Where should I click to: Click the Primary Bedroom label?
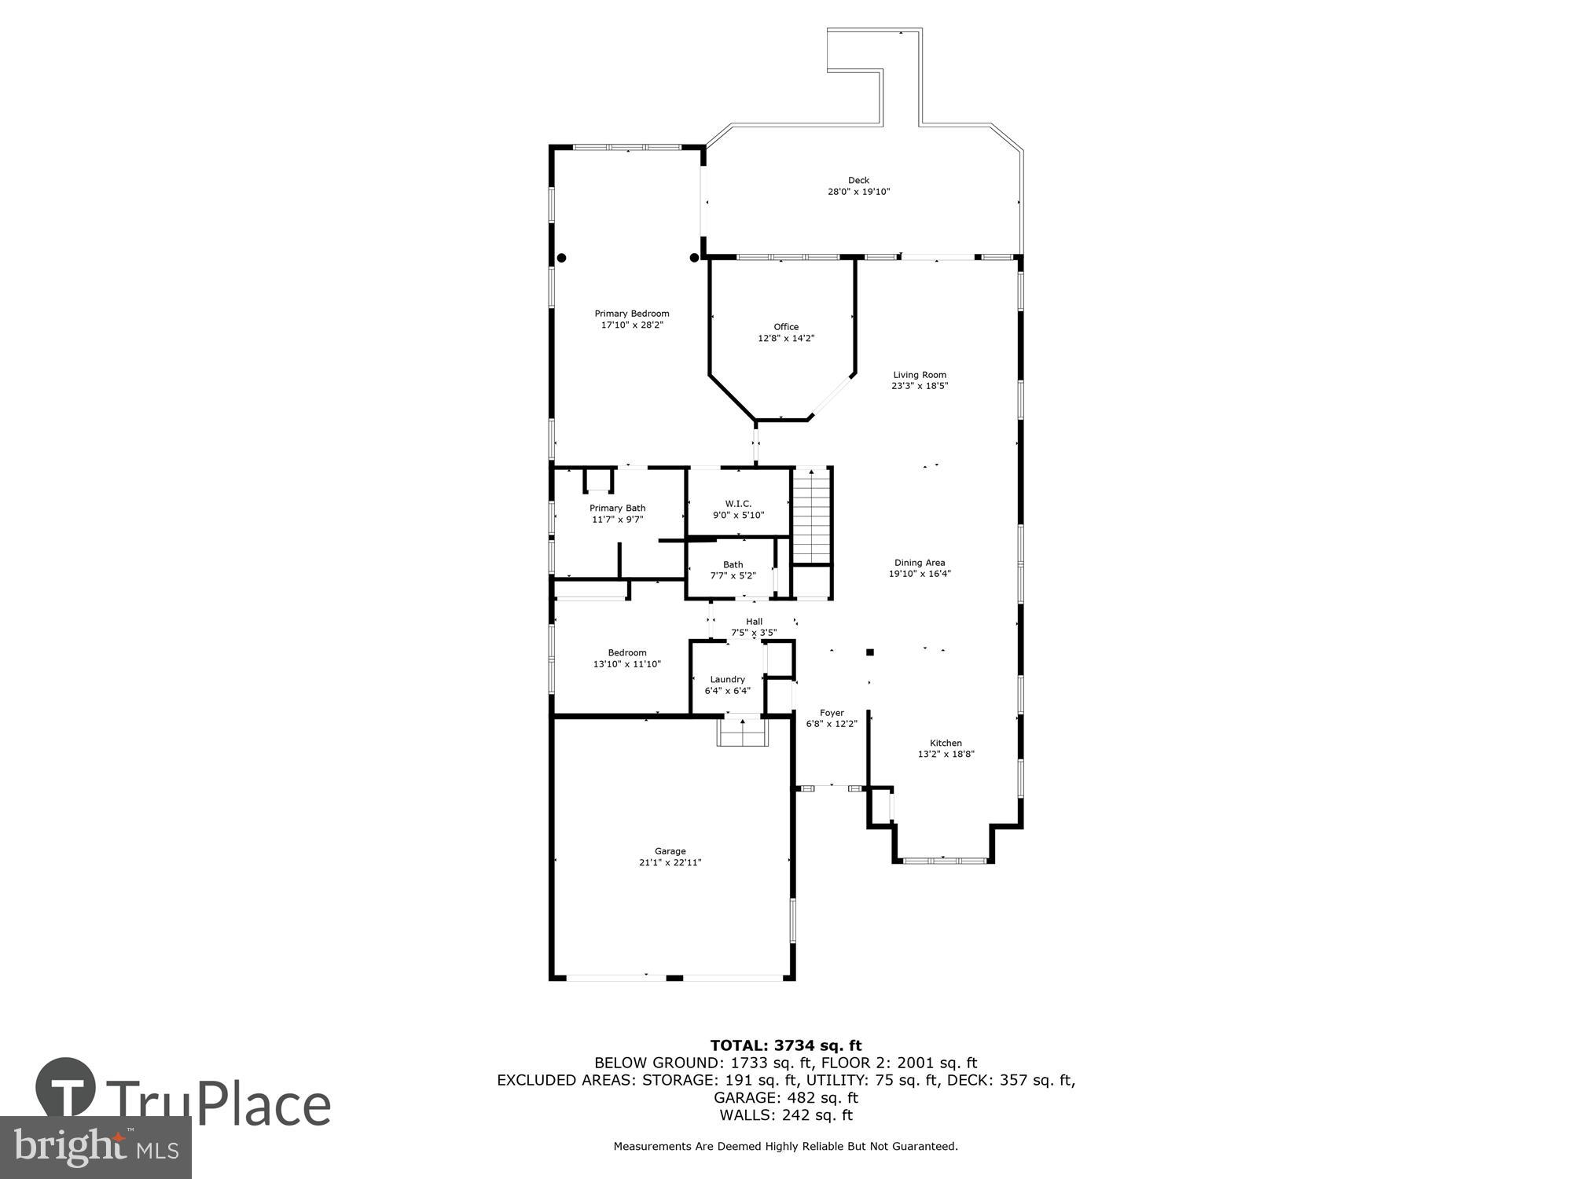(631, 314)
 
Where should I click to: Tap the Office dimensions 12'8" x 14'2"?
(785, 339)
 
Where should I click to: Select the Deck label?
(858, 180)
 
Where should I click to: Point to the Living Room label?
(919, 375)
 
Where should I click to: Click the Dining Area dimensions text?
(920, 574)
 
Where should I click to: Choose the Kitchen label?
(946, 743)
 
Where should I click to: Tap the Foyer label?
(832, 713)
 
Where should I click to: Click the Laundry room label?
(727, 679)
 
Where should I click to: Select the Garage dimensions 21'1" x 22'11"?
(670, 862)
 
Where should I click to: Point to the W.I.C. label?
(738, 504)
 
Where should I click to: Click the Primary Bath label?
(617, 508)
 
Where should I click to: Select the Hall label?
(754, 621)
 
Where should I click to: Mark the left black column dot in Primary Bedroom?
(561, 257)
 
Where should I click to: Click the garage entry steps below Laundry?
(742, 733)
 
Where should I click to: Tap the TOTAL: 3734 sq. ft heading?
(785, 1045)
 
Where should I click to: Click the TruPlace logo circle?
(66, 1088)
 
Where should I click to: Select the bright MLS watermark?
(95, 1148)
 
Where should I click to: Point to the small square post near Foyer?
(869, 652)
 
